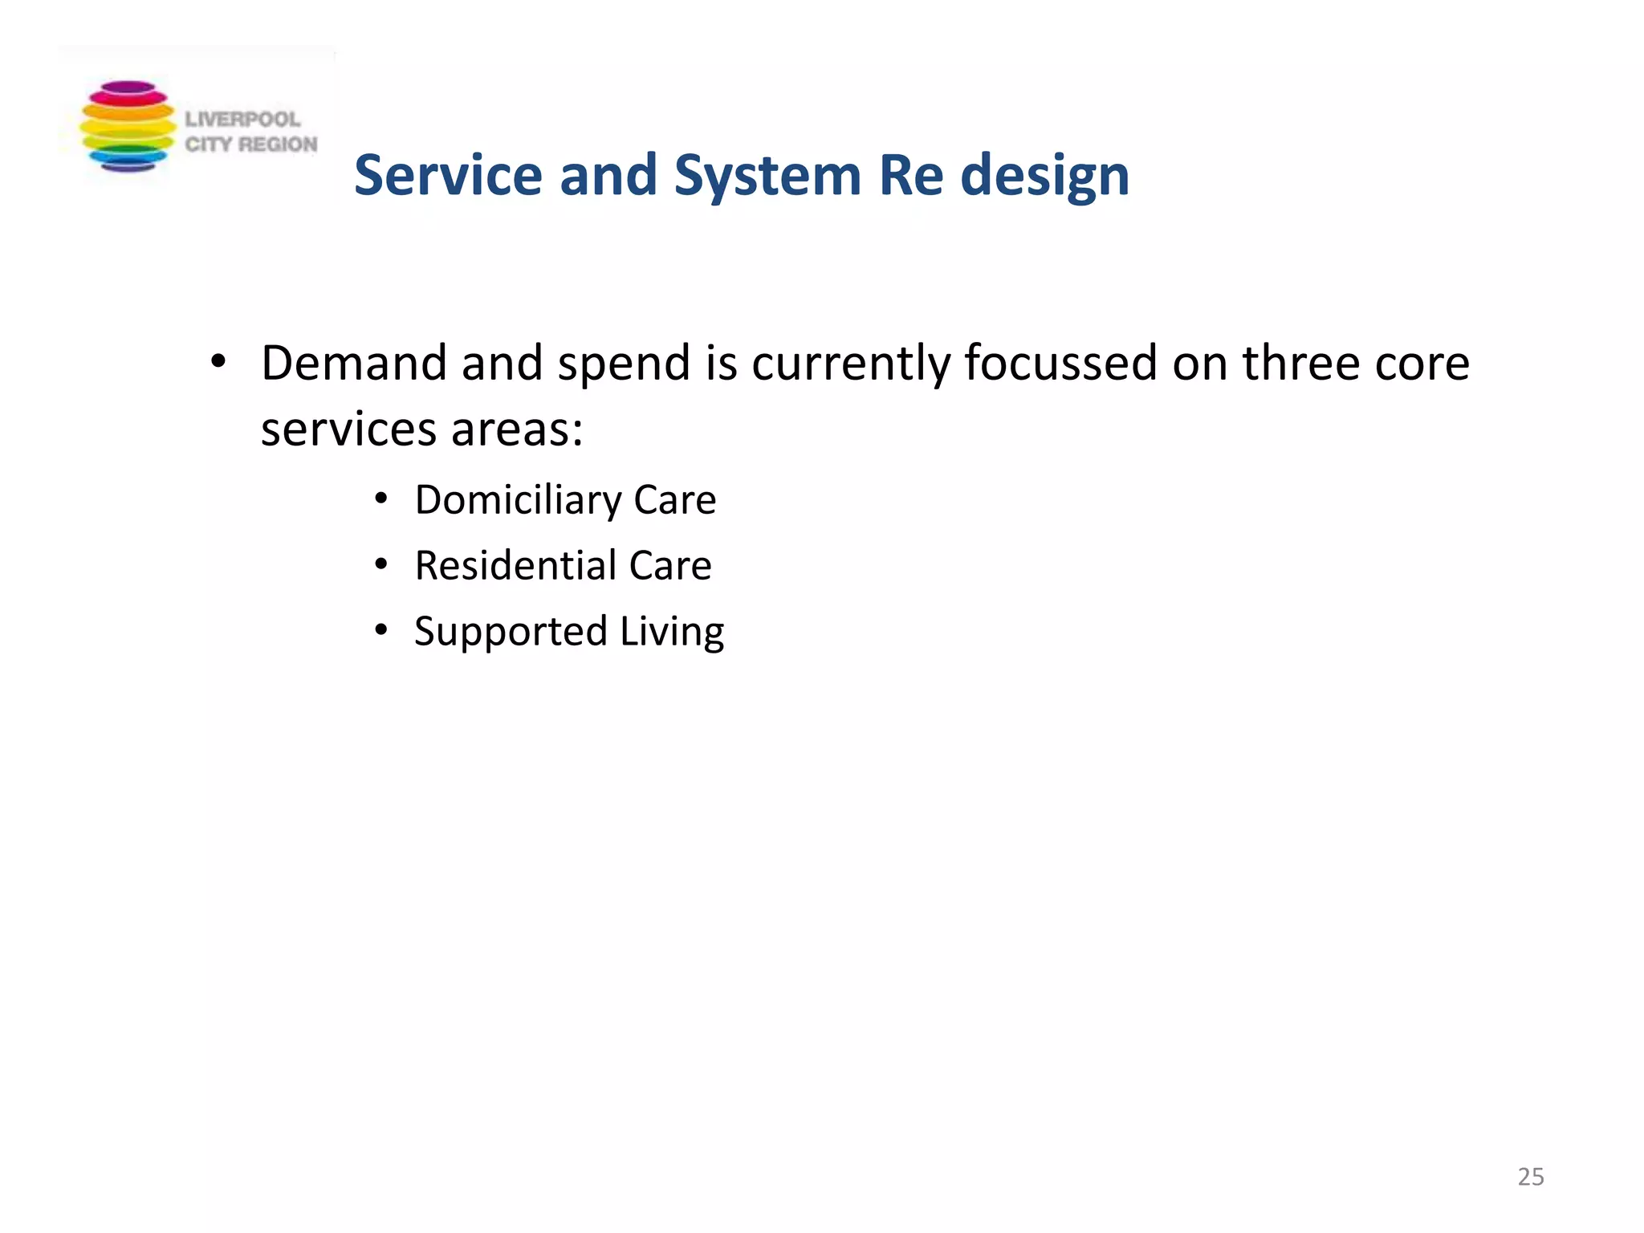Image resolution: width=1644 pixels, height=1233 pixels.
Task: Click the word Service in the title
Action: (x=448, y=175)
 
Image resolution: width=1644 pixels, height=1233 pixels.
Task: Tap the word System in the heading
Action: (x=767, y=177)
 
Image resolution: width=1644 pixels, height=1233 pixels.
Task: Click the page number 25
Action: (x=1530, y=1177)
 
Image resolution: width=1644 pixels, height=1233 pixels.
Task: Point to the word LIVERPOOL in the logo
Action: (x=242, y=120)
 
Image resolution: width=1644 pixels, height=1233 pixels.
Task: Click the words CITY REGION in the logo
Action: (x=251, y=144)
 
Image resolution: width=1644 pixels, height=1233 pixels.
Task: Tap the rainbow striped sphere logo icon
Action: (x=128, y=126)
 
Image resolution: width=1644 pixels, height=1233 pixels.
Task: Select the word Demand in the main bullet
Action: (x=353, y=363)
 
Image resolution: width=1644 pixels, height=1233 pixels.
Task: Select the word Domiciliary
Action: (x=518, y=501)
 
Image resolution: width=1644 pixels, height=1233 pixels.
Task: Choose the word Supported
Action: (x=511, y=633)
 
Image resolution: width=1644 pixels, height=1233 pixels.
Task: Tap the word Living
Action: (x=672, y=633)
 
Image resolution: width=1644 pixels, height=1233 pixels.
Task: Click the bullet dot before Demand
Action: (x=218, y=363)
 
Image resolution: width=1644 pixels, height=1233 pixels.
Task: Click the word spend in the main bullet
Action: (x=624, y=364)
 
